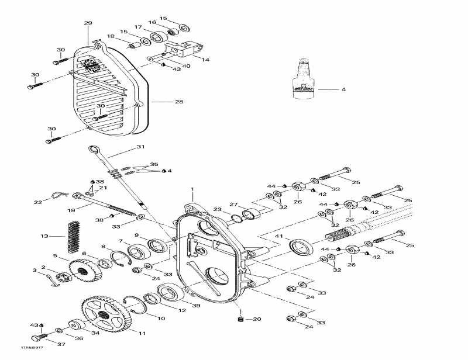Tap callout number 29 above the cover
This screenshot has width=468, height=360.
88,23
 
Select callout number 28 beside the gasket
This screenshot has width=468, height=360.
179,102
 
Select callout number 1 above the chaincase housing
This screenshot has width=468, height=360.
192,190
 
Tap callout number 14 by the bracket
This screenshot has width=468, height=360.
205,60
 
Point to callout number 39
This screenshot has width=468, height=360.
196,306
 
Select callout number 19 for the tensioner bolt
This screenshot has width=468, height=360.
71,210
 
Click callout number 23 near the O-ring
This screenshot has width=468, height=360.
217,209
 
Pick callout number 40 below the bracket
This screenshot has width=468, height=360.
186,66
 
